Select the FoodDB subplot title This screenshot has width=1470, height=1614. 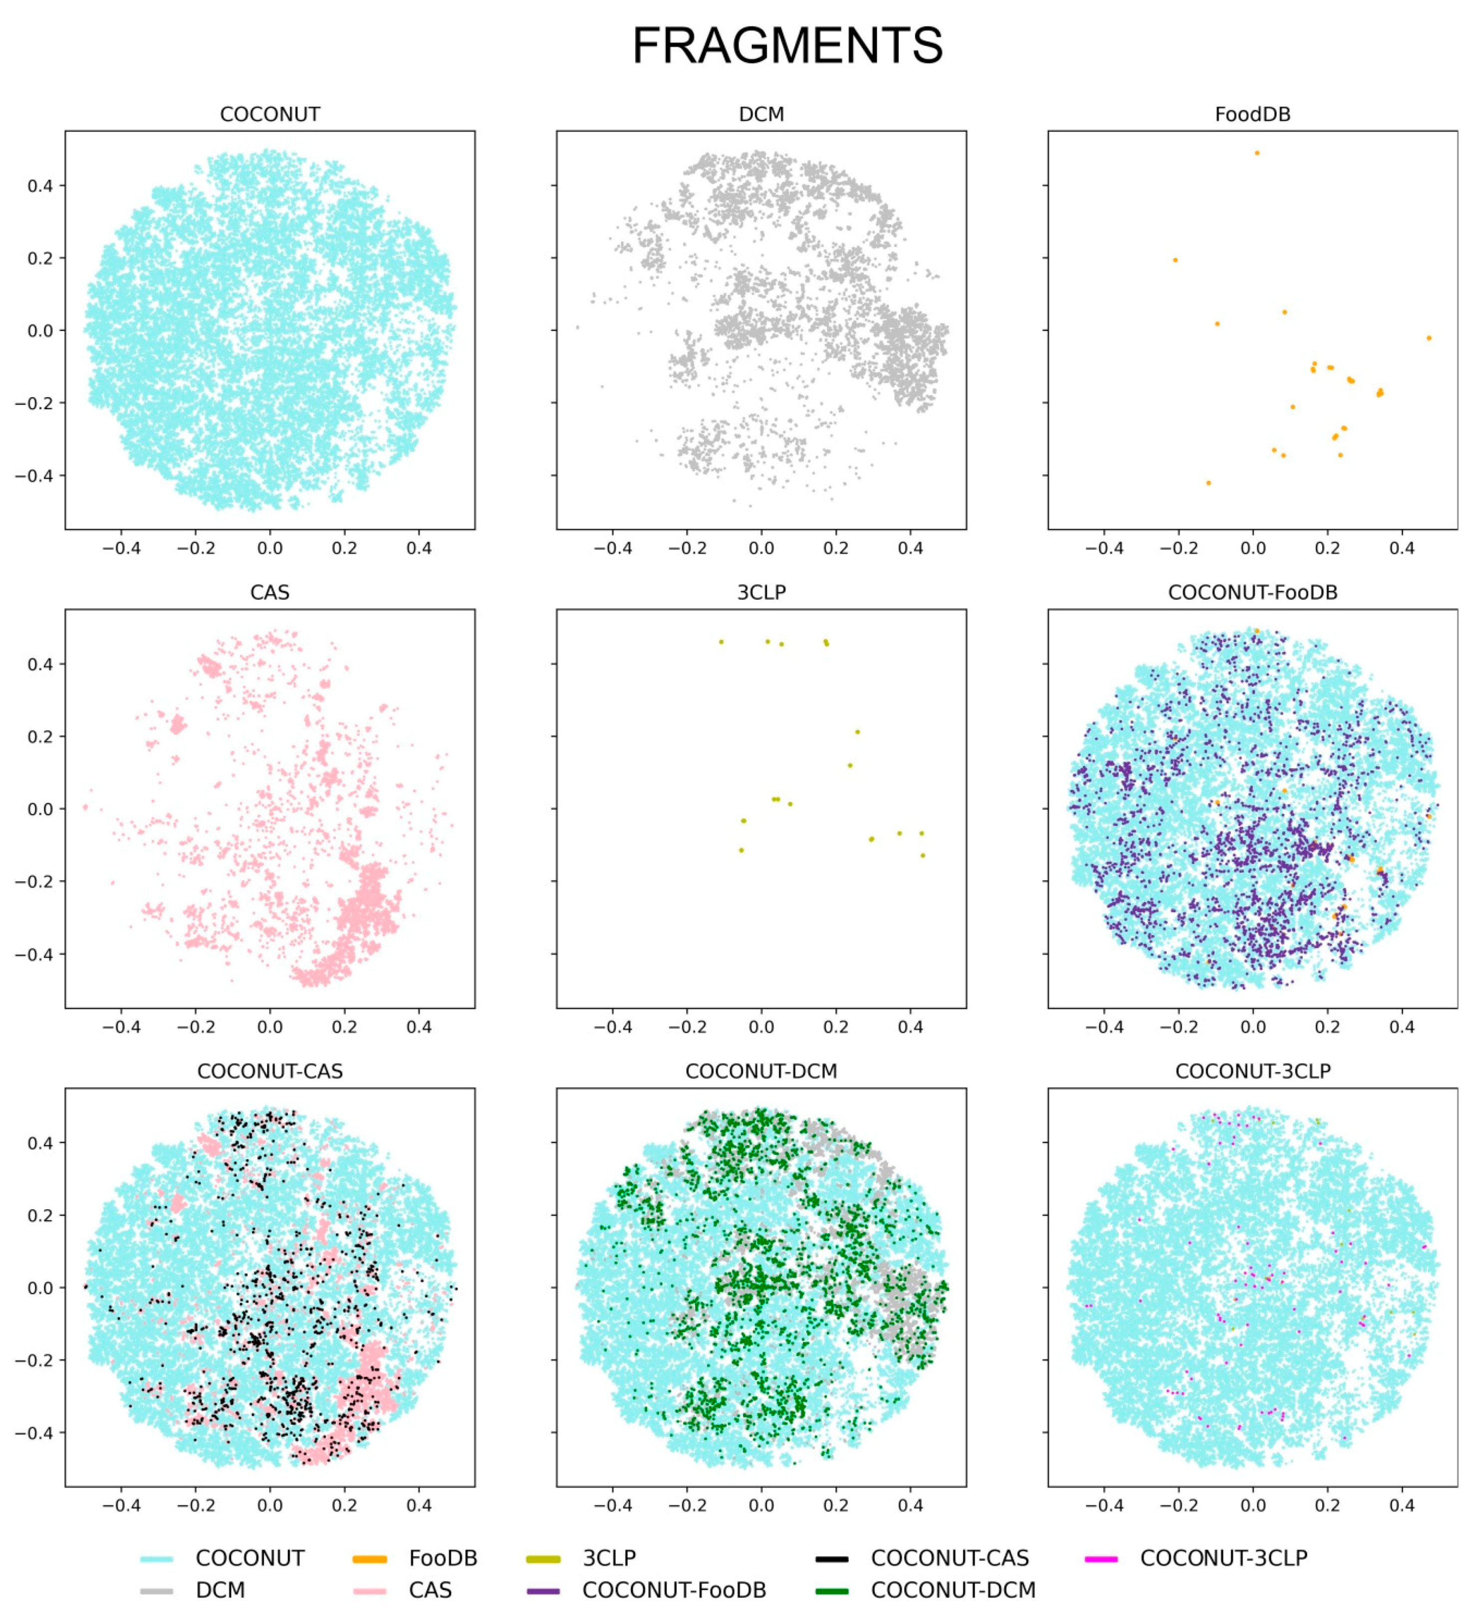point(1252,114)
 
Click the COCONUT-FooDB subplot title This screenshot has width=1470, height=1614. point(1252,592)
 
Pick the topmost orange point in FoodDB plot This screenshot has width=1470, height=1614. point(1257,153)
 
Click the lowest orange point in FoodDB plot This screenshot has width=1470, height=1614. point(1208,483)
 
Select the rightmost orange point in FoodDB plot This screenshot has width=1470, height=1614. point(1429,338)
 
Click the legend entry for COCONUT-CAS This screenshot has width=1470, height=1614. point(949,1558)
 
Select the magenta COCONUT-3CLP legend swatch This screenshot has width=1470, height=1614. point(1101,1559)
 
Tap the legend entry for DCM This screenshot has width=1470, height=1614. point(220,1590)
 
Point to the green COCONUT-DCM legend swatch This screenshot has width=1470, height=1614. point(832,1591)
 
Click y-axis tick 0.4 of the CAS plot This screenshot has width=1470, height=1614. point(40,664)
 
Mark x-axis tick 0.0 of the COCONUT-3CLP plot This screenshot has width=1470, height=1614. point(1252,1505)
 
